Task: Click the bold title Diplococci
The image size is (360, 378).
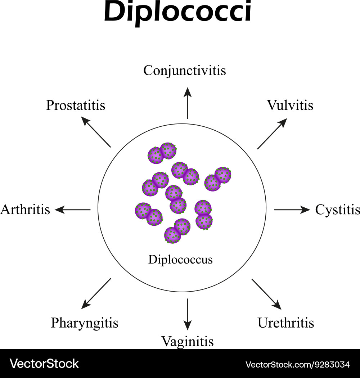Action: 178,13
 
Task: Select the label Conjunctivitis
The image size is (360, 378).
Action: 184,70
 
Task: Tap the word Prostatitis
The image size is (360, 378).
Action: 76,105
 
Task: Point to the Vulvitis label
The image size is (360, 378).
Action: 290,105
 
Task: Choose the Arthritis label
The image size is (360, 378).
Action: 25,209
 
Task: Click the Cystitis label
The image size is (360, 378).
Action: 337,210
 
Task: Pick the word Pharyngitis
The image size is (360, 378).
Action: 85,323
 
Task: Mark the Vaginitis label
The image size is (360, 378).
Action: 187,341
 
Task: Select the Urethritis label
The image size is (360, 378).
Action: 286,323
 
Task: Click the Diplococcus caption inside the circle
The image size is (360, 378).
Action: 180,259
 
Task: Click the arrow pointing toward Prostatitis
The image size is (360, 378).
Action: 96,132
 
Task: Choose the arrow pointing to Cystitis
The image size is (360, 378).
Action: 292,210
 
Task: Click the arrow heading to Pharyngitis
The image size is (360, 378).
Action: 96,293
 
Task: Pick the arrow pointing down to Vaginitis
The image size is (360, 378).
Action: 188,314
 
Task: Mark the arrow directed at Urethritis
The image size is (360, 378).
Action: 266,294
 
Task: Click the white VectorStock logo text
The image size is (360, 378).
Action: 44,364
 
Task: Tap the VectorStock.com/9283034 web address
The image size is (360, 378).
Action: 297,364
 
